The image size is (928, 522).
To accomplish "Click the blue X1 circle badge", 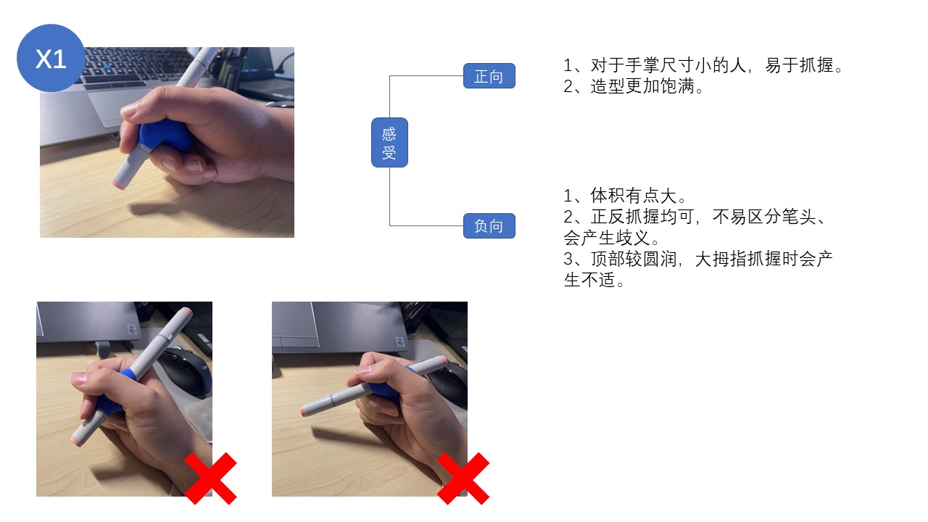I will [x=51, y=58].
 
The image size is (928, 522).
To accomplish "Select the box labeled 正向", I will [x=489, y=76].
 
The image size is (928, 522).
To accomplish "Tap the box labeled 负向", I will [x=489, y=226].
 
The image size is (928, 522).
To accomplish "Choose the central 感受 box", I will [x=389, y=143].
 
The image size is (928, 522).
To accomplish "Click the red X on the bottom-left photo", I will [x=210, y=478].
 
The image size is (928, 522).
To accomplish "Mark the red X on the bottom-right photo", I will [x=463, y=478].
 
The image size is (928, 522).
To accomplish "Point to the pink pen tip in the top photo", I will [x=119, y=184].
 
